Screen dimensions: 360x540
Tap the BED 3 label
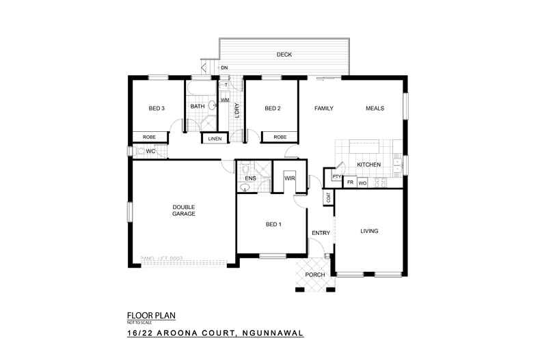[x=157, y=108]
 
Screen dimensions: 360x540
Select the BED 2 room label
[x=273, y=108]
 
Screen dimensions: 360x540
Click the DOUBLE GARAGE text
[x=184, y=210]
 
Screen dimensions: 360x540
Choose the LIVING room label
[x=369, y=231]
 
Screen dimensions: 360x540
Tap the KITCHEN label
[x=368, y=165]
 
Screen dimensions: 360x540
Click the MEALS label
[x=375, y=108]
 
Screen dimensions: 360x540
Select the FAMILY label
[x=323, y=108]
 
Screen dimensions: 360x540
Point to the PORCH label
[x=315, y=275]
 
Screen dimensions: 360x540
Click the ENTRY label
[x=321, y=233]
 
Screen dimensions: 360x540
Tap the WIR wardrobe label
[x=288, y=178]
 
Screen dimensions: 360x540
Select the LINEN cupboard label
[x=215, y=139]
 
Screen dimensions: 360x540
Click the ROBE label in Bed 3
[x=149, y=137]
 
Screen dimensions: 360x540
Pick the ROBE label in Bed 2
[x=280, y=137]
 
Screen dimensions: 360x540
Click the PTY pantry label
[x=336, y=177]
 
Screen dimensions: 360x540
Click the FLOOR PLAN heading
[x=152, y=315]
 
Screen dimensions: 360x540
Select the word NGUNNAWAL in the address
[x=269, y=334]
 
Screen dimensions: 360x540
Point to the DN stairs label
[x=224, y=68]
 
